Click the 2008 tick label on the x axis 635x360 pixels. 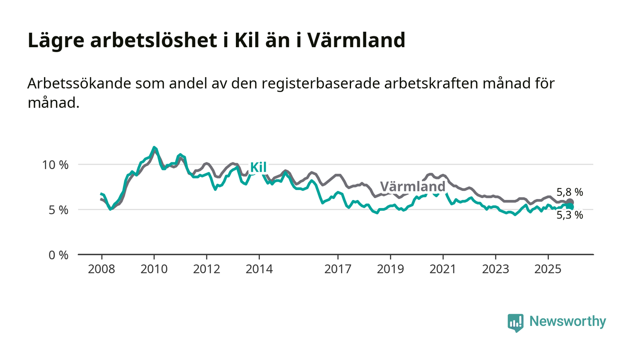pyautogui.click(x=101, y=269)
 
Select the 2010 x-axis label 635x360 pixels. pyautogui.click(x=154, y=269)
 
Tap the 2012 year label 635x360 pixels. pyautogui.click(x=206, y=269)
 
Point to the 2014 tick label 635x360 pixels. pyautogui.click(x=259, y=269)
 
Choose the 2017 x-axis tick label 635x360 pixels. pyautogui.click(x=338, y=269)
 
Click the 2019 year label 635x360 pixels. pyautogui.click(x=391, y=269)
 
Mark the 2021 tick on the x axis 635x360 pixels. pyautogui.click(x=443, y=269)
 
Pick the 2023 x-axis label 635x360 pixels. pyautogui.click(x=495, y=269)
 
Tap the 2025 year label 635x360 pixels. pyautogui.click(x=548, y=269)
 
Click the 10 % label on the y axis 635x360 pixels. pyautogui.click(x=55, y=165)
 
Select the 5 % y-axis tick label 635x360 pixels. pyautogui.click(x=59, y=210)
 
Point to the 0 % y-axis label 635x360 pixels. pyautogui.click(x=59, y=255)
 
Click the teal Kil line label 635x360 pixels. pyautogui.click(x=258, y=167)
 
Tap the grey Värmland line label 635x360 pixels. pyautogui.click(x=412, y=187)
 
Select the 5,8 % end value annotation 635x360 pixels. pyautogui.click(x=570, y=192)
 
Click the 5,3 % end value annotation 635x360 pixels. pyautogui.click(x=570, y=215)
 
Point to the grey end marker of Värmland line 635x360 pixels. pyautogui.click(x=570, y=202)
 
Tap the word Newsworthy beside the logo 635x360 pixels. pyautogui.click(x=567, y=321)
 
